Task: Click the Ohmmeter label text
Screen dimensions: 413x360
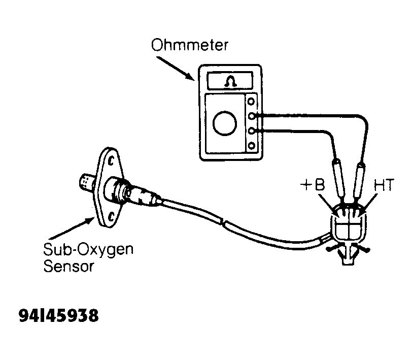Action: (x=189, y=45)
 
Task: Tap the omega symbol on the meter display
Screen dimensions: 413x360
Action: (x=230, y=81)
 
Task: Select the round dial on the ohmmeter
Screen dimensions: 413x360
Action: (x=225, y=123)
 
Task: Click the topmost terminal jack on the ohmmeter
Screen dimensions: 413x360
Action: (x=251, y=101)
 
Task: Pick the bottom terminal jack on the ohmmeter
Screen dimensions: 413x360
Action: (x=251, y=146)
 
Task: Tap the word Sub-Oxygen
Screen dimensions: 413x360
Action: (x=88, y=250)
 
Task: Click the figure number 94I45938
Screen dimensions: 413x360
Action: (x=58, y=315)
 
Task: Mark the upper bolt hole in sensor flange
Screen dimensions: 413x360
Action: (x=111, y=160)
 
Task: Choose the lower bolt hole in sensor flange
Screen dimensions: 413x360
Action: (x=111, y=217)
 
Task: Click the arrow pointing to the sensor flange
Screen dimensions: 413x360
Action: (x=72, y=228)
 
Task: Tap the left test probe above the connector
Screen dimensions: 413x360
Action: (x=339, y=178)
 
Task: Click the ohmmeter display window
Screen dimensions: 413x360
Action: (x=230, y=81)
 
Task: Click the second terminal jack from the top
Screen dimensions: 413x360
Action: (x=252, y=116)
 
